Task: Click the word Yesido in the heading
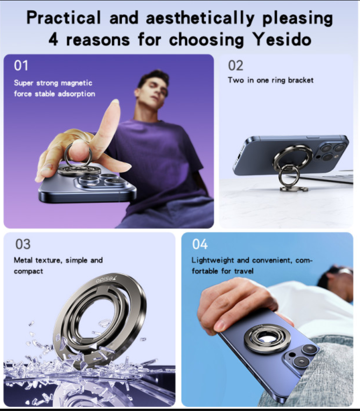[x=282, y=40]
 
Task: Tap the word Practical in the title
[x=64, y=18]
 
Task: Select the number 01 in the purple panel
[x=21, y=65]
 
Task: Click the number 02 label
[x=236, y=65]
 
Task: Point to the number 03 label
[x=23, y=244]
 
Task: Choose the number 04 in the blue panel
[x=200, y=244]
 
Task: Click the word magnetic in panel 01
[x=77, y=84]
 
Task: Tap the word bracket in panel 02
[x=301, y=80]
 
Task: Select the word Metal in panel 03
[x=23, y=260]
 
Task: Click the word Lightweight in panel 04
[x=212, y=260]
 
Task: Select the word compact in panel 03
[x=28, y=272]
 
